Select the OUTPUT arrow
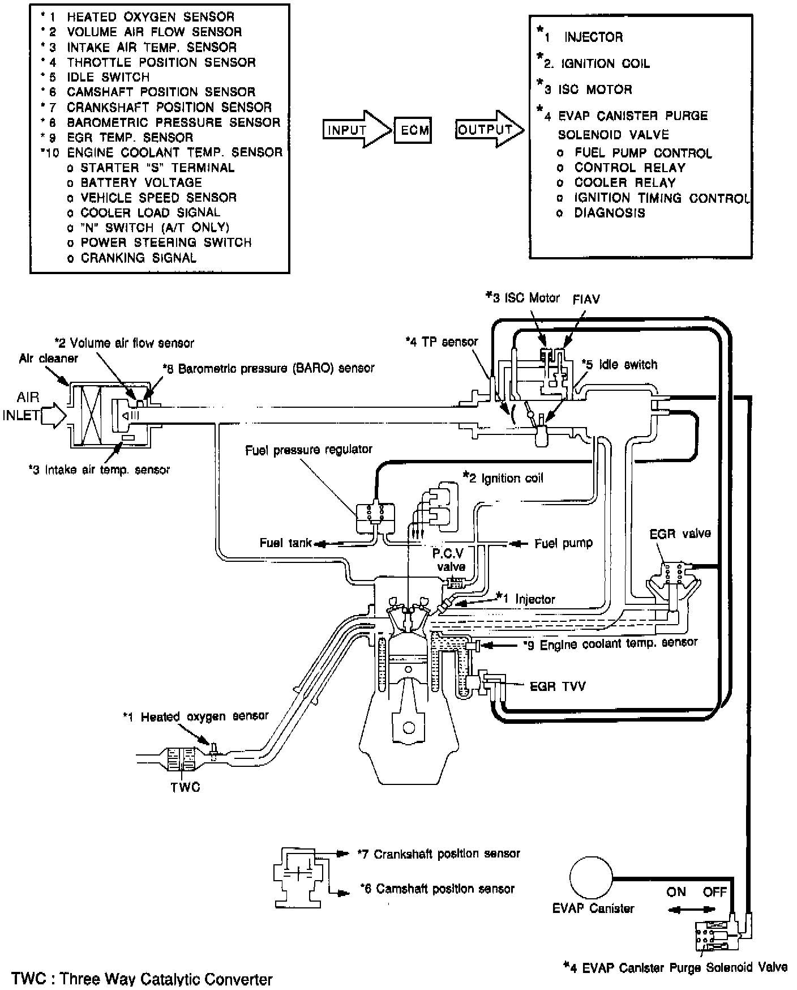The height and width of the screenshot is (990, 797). pos(490,130)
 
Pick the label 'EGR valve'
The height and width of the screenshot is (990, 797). pos(679,534)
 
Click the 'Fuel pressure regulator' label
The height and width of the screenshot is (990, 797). pos(308,450)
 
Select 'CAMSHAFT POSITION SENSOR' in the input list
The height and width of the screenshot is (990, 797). pos(161,92)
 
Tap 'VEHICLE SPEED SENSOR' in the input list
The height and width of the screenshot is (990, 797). pos(158,197)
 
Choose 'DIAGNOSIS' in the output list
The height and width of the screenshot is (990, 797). pos(610,213)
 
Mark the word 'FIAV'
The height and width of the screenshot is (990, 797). pos(586,298)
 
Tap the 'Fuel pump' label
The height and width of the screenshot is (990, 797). pos(564,543)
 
